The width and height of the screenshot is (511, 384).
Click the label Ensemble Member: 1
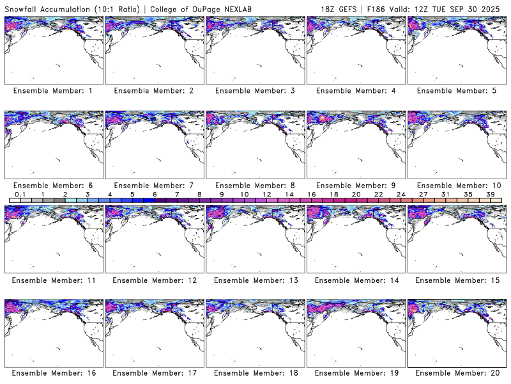pos(53,91)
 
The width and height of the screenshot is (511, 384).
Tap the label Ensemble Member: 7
pos(154,185)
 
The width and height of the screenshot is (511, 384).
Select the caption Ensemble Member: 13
pos(254,280)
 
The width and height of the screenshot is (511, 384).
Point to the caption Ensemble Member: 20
pos(456,373)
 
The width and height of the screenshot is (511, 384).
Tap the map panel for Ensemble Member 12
pos(154,239)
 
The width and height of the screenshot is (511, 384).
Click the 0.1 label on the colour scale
pos(20,194)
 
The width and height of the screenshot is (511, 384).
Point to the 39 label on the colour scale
pos(490,194)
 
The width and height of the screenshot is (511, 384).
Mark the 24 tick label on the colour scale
pos(400,194)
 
